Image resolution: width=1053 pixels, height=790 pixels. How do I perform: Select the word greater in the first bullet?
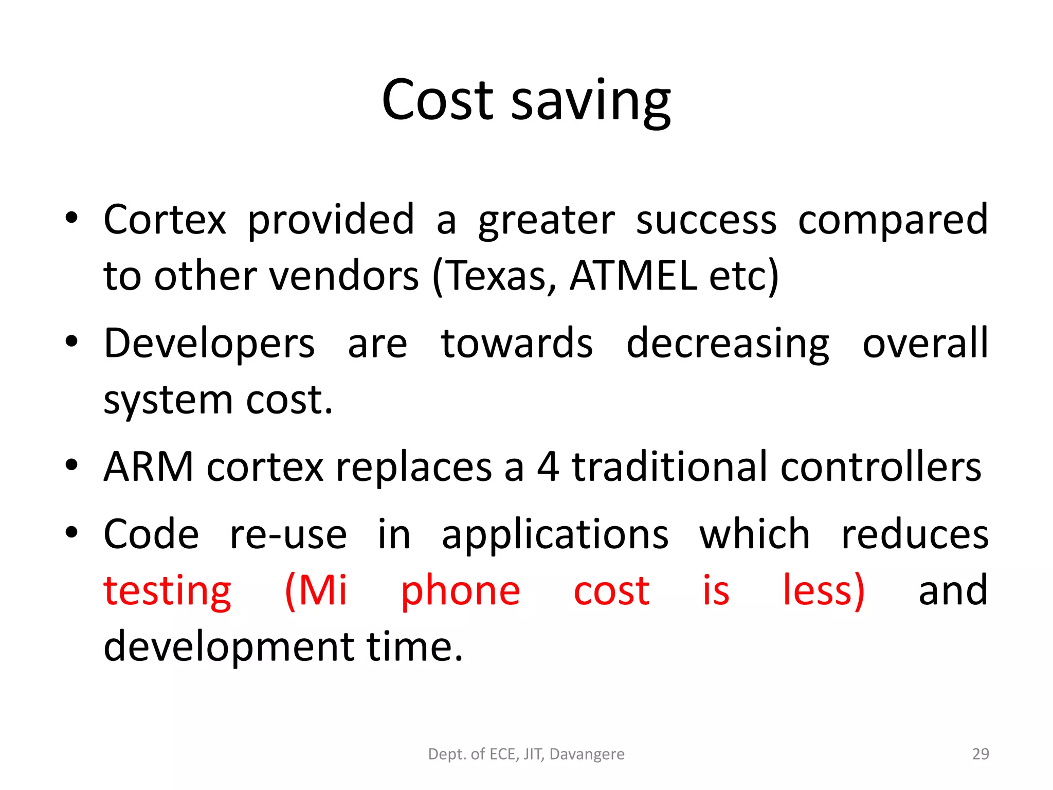coord(546,220)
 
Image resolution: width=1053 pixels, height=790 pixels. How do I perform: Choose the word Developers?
coord(209,344)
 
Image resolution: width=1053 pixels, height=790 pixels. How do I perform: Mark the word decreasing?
coord(728,344)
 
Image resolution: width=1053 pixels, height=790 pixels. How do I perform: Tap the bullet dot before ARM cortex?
coord(71,464)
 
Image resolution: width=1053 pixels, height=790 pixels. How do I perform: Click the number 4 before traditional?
coord(548,466)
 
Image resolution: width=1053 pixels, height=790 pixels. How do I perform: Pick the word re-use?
coord(288,534)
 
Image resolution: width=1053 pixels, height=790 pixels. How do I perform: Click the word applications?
coord(555,534)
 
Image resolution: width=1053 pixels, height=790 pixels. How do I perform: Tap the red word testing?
coord(167,591)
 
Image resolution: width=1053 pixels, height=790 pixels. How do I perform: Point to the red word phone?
coord(460,591)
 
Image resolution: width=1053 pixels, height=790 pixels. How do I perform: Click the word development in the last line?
coord(229,647)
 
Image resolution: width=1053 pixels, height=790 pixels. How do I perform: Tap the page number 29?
coord(981,753)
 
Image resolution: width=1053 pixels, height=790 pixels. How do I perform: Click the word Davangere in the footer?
coord(587,754)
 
